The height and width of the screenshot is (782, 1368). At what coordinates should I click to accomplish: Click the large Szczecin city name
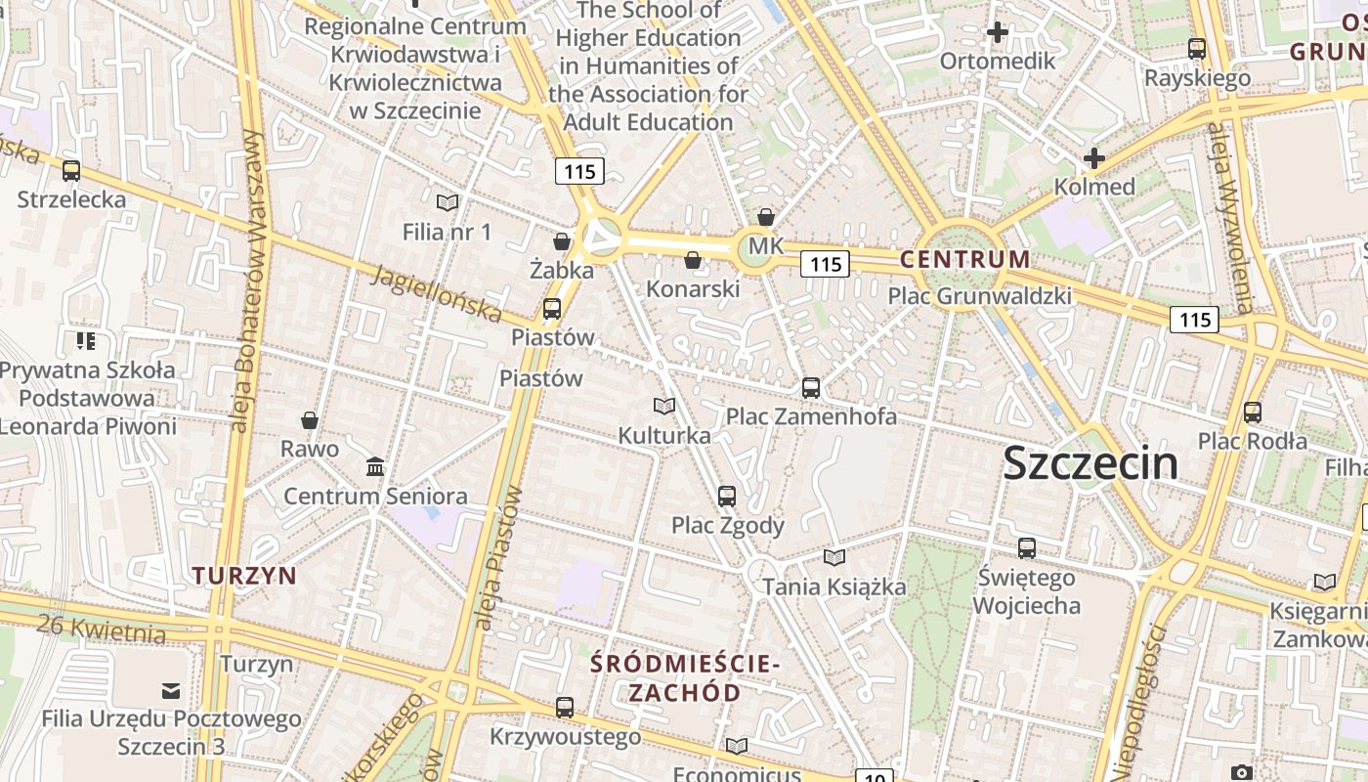1090,462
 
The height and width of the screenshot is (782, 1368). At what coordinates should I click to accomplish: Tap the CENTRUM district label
964,260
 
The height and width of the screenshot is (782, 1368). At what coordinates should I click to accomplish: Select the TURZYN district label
244,575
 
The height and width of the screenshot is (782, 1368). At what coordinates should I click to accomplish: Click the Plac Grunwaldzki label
979,296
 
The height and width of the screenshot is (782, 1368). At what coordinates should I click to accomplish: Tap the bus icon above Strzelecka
71,171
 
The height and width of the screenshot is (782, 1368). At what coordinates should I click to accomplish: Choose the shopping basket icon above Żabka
562,240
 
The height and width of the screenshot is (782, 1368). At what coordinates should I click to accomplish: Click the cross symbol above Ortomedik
997,33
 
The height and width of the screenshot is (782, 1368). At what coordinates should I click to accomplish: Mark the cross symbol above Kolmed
1094,158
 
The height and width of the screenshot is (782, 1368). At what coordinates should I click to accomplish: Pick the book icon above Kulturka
664,406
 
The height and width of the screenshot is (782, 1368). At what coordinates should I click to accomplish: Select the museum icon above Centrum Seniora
375,467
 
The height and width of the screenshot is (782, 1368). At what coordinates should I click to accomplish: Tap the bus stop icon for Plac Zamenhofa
811,387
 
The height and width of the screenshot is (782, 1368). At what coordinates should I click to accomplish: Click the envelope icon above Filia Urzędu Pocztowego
171,691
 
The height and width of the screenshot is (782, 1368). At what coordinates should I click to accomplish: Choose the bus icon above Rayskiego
1197,49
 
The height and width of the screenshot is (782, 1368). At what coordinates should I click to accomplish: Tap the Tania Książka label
834,586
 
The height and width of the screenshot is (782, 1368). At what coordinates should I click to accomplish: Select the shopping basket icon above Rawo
310,420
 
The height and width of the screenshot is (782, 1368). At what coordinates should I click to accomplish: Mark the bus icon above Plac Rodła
1253,413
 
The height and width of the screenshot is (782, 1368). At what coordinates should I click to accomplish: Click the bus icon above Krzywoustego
565,708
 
